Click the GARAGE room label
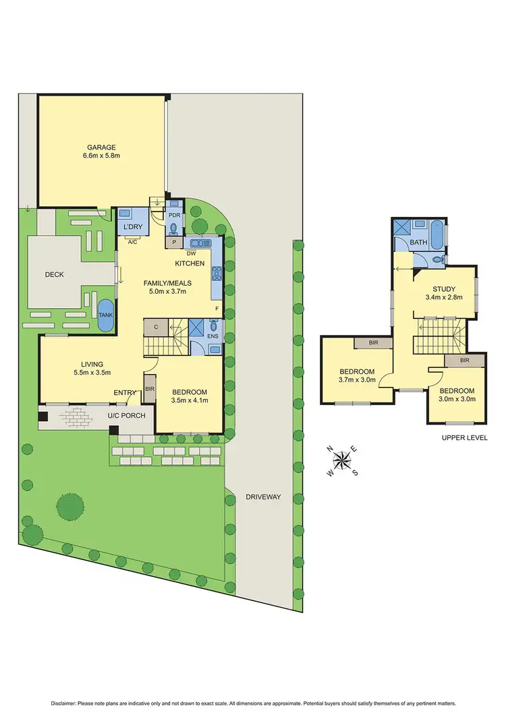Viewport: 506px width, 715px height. coord(101,147)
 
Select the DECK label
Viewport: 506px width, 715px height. coord(54,274)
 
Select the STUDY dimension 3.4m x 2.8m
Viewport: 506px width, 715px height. coord(443,297)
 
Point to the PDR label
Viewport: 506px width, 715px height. coord(173,214)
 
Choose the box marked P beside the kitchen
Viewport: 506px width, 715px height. coord(175,242)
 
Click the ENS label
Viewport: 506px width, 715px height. coord(213,335)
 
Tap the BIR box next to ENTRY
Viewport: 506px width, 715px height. coord(150,389)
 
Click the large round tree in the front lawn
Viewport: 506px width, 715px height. coord(69,506)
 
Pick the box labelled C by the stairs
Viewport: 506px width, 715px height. coord(156,327)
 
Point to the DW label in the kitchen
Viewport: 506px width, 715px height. coord(191,253)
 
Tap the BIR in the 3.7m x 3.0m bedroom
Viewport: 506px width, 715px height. coord(373,343)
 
